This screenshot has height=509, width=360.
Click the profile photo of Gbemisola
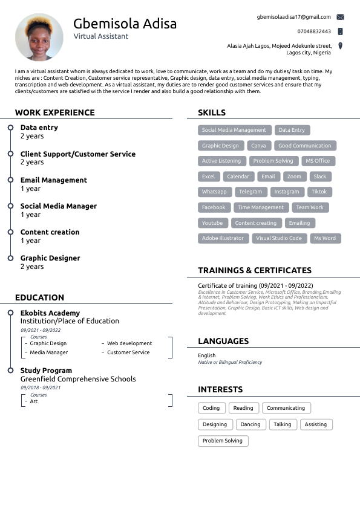[39, 37]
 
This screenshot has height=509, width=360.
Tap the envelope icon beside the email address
[340, 17]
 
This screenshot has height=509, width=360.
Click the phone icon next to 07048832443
[340, 31]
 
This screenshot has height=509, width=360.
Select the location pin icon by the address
[340, 46]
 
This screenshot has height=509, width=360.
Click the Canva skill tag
[258, 146]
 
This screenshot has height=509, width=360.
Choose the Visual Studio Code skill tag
[278, 238]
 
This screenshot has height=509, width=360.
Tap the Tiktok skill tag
[319, 192]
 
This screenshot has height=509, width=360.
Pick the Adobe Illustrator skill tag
[223, 238]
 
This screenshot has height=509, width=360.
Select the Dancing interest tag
[250, 424]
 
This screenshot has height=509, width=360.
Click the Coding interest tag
[211, 408]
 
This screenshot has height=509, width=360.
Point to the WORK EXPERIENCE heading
[55, 112]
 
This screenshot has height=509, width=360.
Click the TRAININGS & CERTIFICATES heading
[255, 270]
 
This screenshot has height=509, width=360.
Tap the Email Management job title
[54, 180]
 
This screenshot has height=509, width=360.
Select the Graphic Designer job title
[50, 258]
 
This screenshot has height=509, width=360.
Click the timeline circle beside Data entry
[10, 128]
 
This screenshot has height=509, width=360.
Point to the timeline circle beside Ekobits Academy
[10, 313]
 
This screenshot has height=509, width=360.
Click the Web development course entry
[129, 343]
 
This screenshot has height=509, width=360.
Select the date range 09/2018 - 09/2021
[41, 387]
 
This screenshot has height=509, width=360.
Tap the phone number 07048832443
[314, 31]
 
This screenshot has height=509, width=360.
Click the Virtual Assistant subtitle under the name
[101, 36]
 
